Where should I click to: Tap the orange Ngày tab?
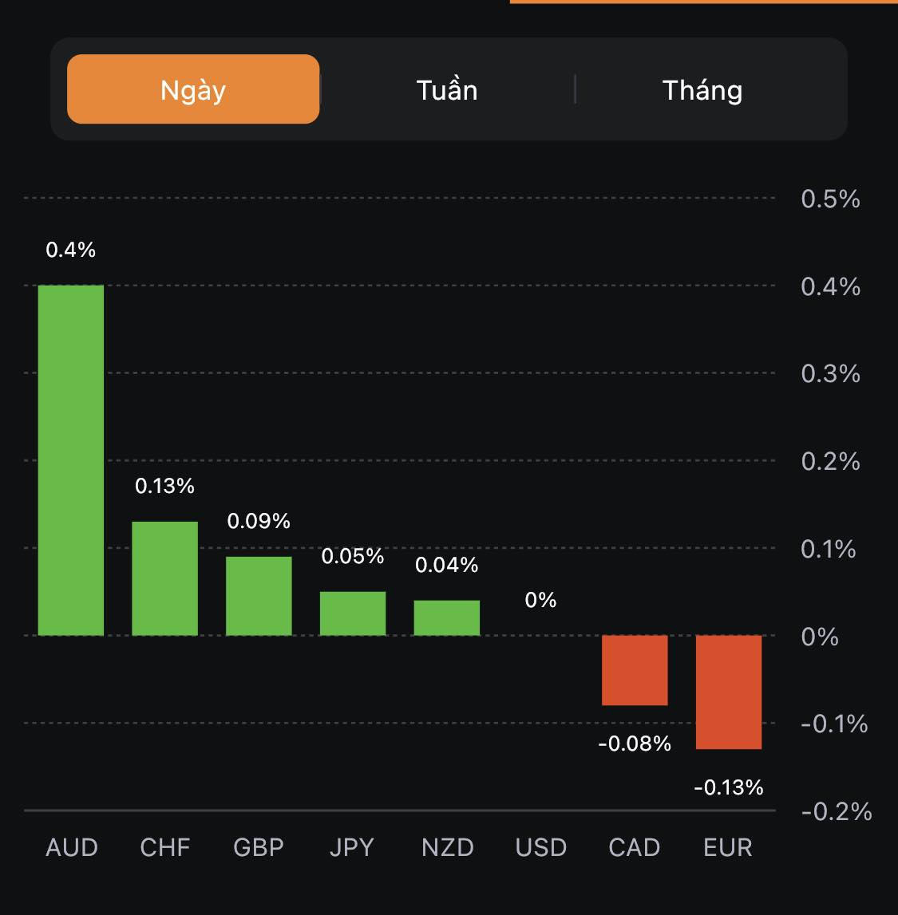tap(193, 89)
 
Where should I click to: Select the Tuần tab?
tap(447, 89)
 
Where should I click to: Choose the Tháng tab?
tap(702, 89)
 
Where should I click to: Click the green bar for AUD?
tap(71, 460)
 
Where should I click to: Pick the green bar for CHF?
tap(164, 578)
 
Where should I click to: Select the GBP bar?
tap(259, 596)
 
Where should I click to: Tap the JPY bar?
tap(353, 613)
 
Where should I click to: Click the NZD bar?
tap(447, 617)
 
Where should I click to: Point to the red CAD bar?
tap(635, 670)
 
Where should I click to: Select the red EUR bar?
tap(729, 692)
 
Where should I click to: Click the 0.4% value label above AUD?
tap(71, 250)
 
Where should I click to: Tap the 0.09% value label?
tap(259, 521)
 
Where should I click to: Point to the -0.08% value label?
tap(635, 743)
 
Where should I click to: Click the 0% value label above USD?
tap(540, 600)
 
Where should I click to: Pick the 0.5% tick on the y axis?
tap(830, 199)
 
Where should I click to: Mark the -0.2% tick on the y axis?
tap(836, 811)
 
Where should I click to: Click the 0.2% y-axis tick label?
tap(830, 461)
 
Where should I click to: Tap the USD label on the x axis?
tap(540, 847)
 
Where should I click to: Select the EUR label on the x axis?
tap(728, 847)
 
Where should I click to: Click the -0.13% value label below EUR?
tap(729, 787)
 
